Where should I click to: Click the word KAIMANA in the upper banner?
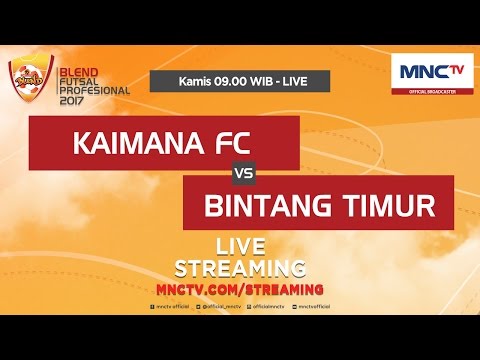coord(136,143)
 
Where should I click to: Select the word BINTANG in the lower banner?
coord(270,205)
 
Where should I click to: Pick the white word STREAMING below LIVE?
coord(240,267)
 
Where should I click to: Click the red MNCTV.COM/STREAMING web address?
coord(240,288)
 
